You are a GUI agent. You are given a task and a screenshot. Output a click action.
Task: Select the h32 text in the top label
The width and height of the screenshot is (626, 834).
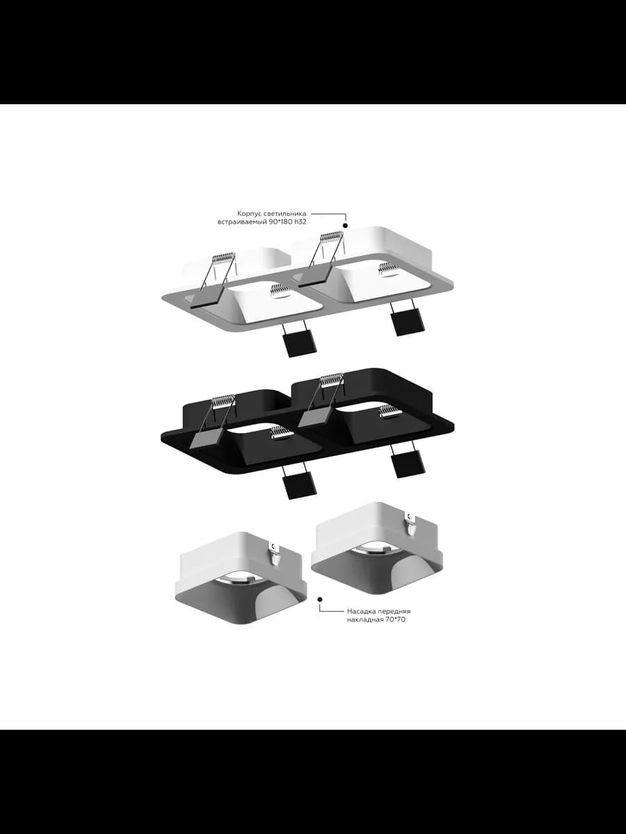coord(300,222)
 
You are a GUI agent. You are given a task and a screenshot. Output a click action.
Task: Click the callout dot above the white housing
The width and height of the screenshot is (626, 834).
coord(346,225)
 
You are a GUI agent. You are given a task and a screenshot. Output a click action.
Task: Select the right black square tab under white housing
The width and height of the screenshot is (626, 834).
coord(410,321)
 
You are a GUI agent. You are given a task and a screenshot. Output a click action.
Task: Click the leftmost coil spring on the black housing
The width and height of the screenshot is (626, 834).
coord(224,400)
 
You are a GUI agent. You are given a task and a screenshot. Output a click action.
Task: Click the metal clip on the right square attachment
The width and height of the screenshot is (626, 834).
coord(411,524)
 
